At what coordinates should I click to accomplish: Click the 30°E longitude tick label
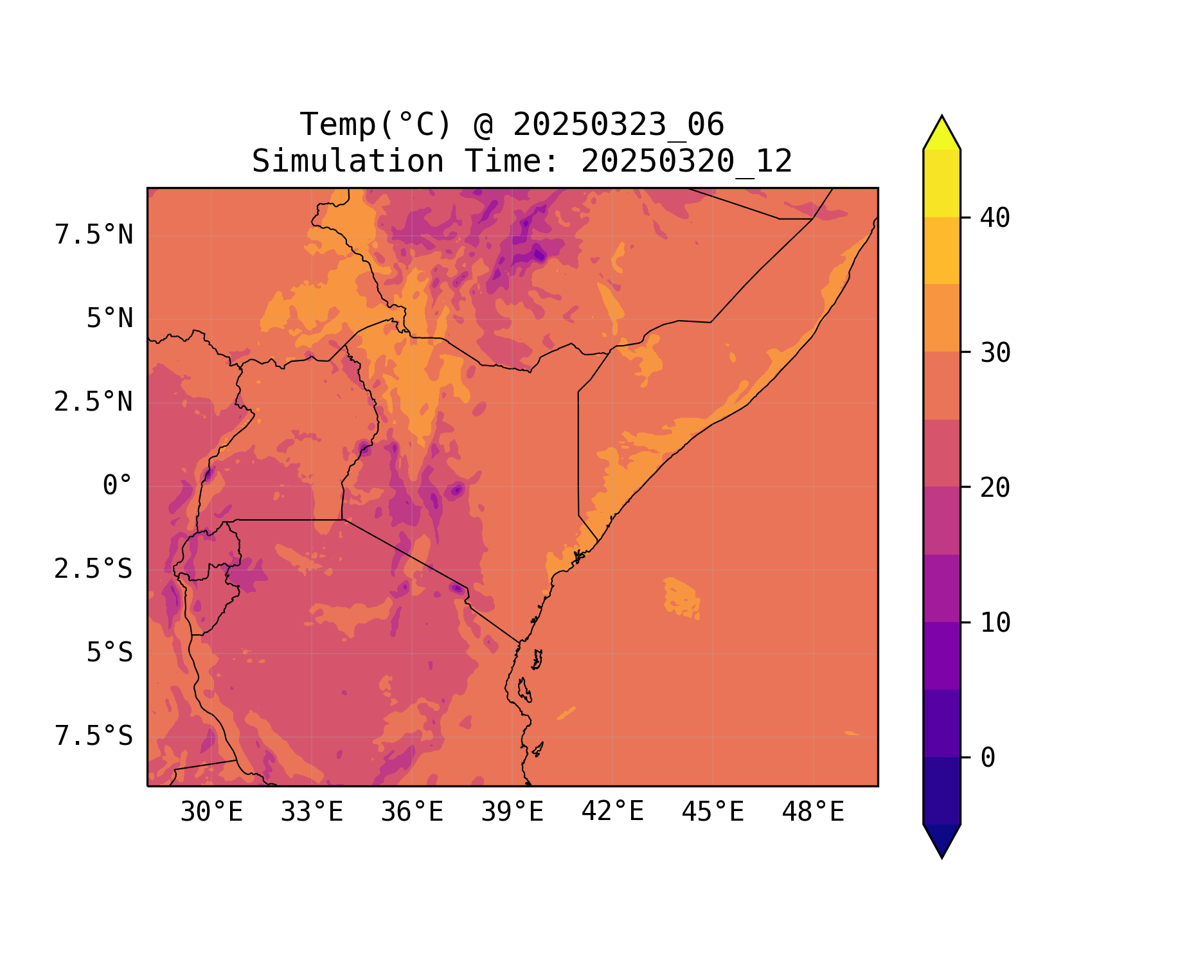(x=211, y=812)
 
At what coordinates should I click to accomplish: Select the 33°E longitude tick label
(x=312, y=812)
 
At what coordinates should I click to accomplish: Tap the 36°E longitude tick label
(x=412, y=812)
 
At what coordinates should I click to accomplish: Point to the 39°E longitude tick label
(x=512, y=812)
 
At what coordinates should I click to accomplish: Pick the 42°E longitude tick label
(x=612, y=812)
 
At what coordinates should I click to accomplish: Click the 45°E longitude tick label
(x=713, y=812)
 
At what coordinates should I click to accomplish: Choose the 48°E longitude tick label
(x=813, y=812)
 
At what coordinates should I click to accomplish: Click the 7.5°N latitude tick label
(x=94, y=235)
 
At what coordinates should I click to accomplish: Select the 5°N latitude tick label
(x=110, y=319)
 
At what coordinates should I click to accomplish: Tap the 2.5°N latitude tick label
(x=94, y=402)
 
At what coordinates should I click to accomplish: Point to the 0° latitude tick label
(x=118, y=486)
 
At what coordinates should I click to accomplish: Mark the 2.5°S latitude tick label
(x=94, y=569)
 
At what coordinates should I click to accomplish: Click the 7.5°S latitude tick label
(x=94, y=736)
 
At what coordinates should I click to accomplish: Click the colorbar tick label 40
(x=995, y=218)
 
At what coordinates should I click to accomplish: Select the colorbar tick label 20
(x=995, y=488)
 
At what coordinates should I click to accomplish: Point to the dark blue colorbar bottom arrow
(x=942, y=839)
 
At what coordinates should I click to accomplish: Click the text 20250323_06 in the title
(x=618, y=125)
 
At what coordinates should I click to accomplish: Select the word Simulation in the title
(x=348, y=161)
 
